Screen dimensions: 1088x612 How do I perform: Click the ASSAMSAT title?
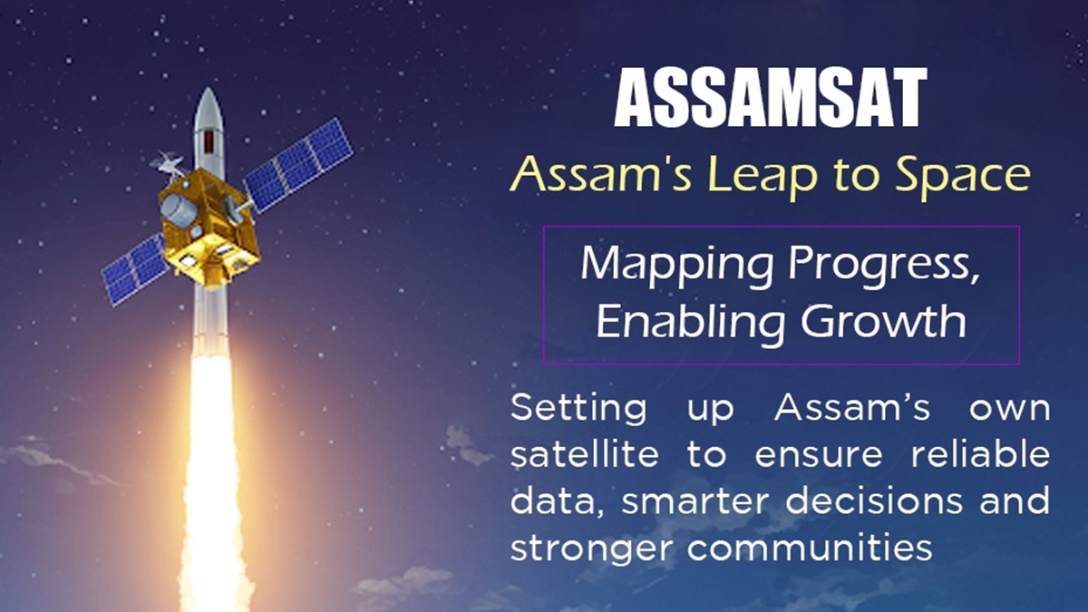[x=771, y=97]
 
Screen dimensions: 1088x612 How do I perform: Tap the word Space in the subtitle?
[x=963, y=177]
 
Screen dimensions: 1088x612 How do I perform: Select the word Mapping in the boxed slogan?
[x=676, y=267]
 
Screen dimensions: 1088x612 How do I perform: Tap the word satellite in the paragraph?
[x=584, y=454]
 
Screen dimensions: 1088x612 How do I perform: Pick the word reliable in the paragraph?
[x=980, y=454]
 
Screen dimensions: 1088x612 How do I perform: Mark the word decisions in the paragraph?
[x=874, y=500]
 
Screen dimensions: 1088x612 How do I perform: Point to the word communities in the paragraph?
[x=810, y=548]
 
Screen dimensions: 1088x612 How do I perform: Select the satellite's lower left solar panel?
[x=135, y=268]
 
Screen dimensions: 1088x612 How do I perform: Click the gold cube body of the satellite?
[x=208, y=228]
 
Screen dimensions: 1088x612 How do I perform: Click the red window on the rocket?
[x=209, y=141]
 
